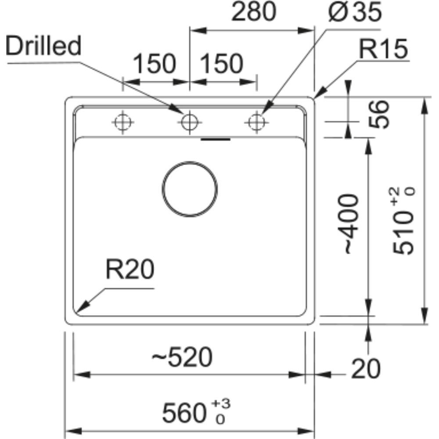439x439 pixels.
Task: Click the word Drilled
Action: tap(43, 45)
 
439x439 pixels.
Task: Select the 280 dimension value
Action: tap(254, 11)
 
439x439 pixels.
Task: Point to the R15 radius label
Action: tap(383, 49)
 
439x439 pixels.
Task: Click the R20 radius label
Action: tap(130, 269)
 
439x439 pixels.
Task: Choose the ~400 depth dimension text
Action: tap(348, 224)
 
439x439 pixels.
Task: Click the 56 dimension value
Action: tap(378, 114)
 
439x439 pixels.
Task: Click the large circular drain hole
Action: tap(190, 189)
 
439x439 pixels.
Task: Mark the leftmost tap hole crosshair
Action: tap(122, 122)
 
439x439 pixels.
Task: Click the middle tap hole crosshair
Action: tap(190, 122)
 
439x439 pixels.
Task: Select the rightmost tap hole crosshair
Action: tap(256, 122)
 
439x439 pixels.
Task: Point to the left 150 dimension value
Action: tap(154, 64)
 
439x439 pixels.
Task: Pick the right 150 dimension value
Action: tap(221, 64)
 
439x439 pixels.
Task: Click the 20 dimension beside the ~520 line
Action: tap(366, 369)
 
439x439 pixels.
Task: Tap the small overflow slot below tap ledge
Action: tap(216, 139)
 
